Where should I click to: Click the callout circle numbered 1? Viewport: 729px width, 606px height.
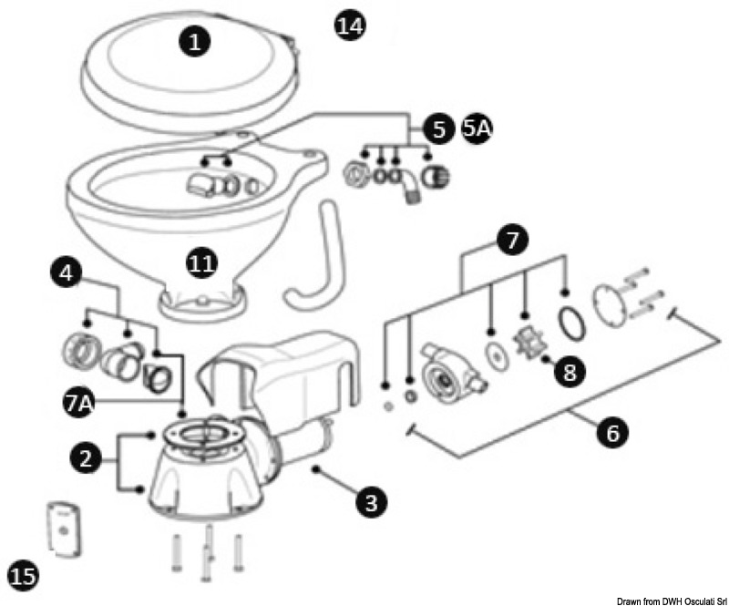(195, 40)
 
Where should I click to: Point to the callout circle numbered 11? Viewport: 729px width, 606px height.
(201, 264)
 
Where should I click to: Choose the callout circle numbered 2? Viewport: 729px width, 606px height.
(87, 459)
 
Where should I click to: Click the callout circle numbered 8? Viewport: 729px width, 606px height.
(570, 371)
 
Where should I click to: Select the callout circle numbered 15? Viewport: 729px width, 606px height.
(23, 575)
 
